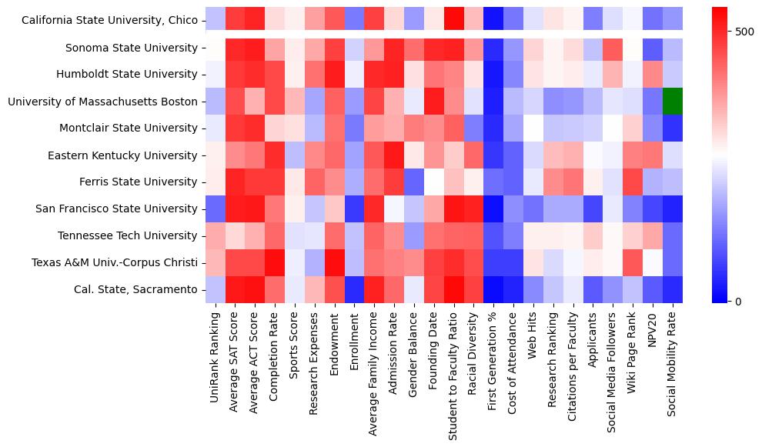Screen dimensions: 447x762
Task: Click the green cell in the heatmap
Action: click(673, 102)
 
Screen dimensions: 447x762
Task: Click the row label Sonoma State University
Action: click(132, 48)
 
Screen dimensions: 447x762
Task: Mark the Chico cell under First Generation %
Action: click(493, 21)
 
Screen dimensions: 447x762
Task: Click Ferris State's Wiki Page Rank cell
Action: click(633, 182)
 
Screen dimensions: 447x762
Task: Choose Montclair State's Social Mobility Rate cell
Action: click(673, 128)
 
